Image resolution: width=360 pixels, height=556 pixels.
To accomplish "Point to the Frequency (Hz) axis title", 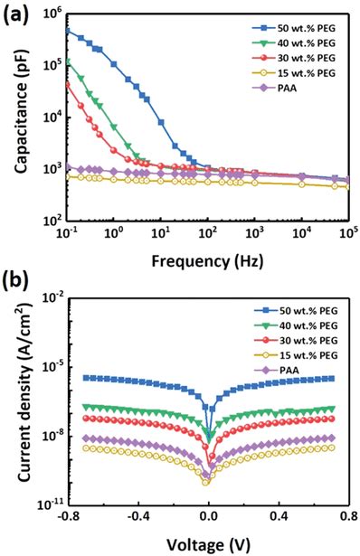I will (x=204, y=264).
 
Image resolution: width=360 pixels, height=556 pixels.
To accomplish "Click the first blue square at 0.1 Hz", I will (x=67, y=31).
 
